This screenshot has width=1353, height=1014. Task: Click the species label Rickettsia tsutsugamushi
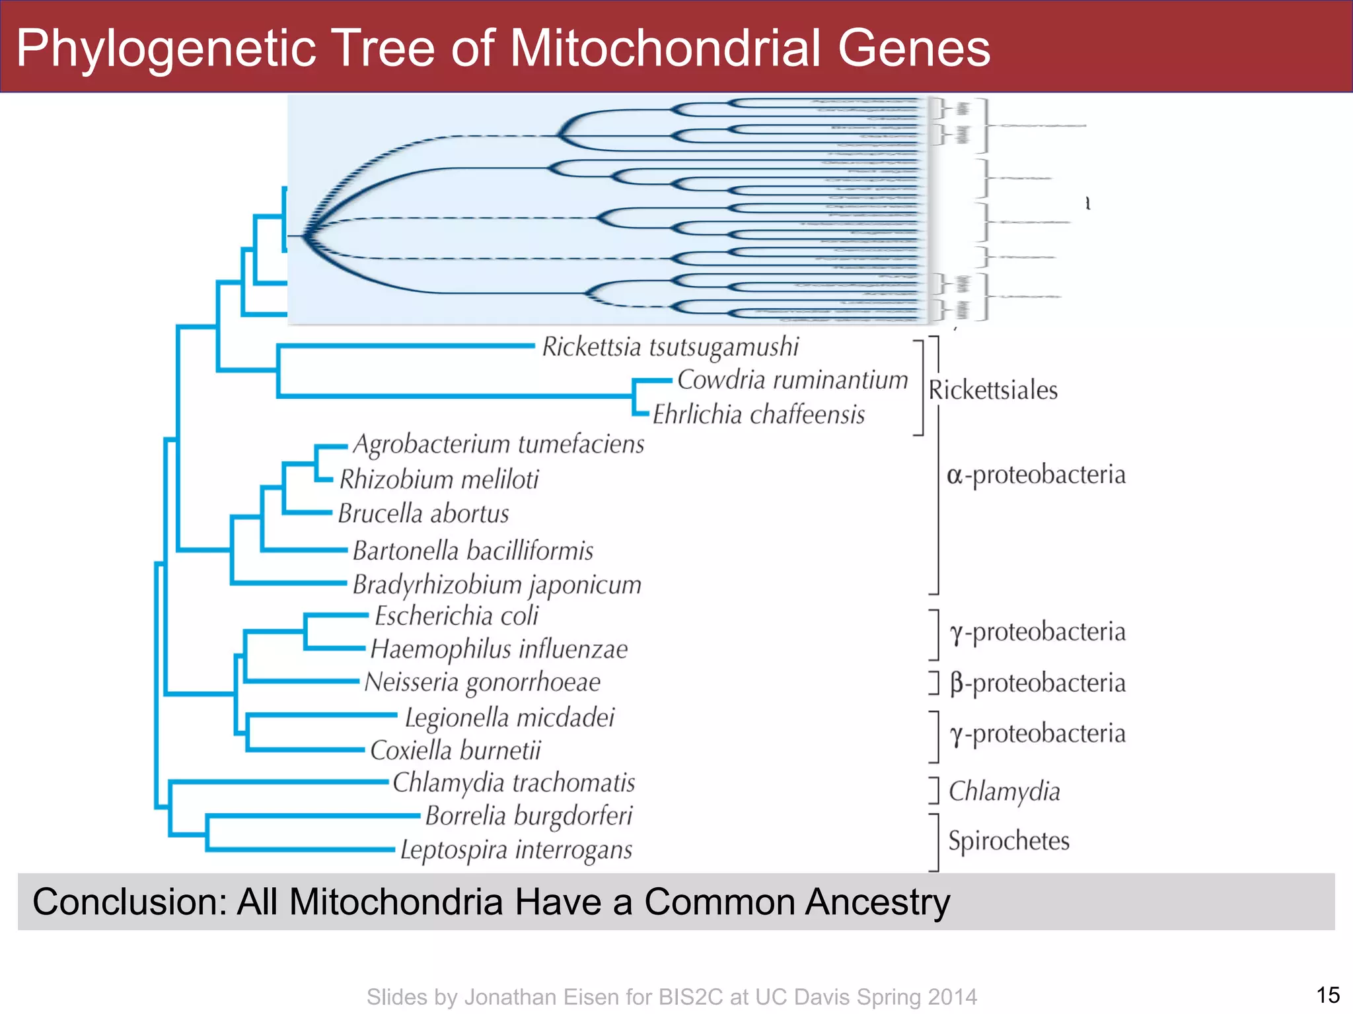click(670, 347)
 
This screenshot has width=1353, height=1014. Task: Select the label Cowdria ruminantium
click(792, 380)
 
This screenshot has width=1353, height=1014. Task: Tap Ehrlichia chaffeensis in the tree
click(758, 415)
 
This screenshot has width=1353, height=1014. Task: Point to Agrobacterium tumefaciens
click(498, 444)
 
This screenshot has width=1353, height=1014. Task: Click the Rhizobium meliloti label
click(439, 479)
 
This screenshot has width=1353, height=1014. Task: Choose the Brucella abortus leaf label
click(423, 514)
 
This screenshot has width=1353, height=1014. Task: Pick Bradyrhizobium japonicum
click(497, 585)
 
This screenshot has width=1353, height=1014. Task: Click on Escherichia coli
click(457, 616)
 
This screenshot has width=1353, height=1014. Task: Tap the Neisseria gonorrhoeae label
click(482, 683)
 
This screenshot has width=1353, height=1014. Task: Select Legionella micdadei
click(509, 718)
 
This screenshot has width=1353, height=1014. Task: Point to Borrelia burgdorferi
click(529, 816)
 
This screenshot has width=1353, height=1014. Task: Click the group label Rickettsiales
click(992, 390)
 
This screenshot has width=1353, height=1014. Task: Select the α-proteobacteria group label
click(1035, 475)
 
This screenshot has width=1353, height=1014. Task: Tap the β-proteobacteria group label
click(1037, 683)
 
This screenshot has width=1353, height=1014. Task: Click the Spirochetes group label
click(1008, 840)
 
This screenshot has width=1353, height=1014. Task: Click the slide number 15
click(1327, 995)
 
